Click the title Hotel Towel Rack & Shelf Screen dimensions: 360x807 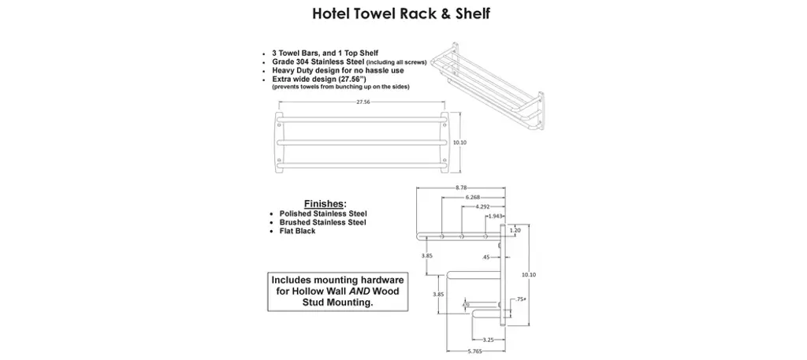(403, 13)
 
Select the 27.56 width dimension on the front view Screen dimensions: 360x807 (363, 102)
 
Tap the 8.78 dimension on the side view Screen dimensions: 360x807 (462, 187)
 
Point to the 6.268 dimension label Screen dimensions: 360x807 (473, 196)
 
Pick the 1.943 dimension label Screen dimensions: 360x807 (496, 215)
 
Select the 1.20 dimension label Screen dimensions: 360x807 (515, 231)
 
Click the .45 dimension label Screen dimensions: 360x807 (485, 257)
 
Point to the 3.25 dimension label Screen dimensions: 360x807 (488, 340)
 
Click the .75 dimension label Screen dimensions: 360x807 (519, 299)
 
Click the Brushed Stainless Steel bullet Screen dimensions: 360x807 (322, 222)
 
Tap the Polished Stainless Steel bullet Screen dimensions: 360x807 (323, 213)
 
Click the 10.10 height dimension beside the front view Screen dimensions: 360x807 (461, 143)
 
